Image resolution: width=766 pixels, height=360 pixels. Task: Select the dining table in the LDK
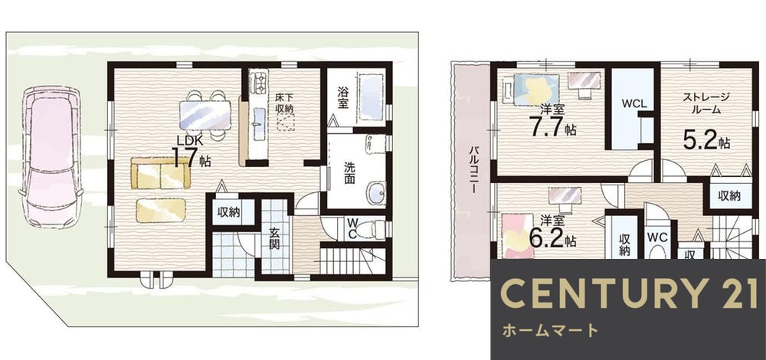point(204,116)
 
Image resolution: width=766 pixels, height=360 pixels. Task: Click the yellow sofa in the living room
point(159,173)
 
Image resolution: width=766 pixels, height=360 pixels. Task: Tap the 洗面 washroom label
point(349,173)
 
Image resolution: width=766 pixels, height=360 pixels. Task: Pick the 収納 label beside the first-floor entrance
point(228,212)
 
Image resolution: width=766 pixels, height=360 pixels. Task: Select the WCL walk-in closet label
point(633,103)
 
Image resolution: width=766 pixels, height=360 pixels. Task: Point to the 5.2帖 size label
point(705,141)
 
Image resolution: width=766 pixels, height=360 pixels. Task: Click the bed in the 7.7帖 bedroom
point(529,87)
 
